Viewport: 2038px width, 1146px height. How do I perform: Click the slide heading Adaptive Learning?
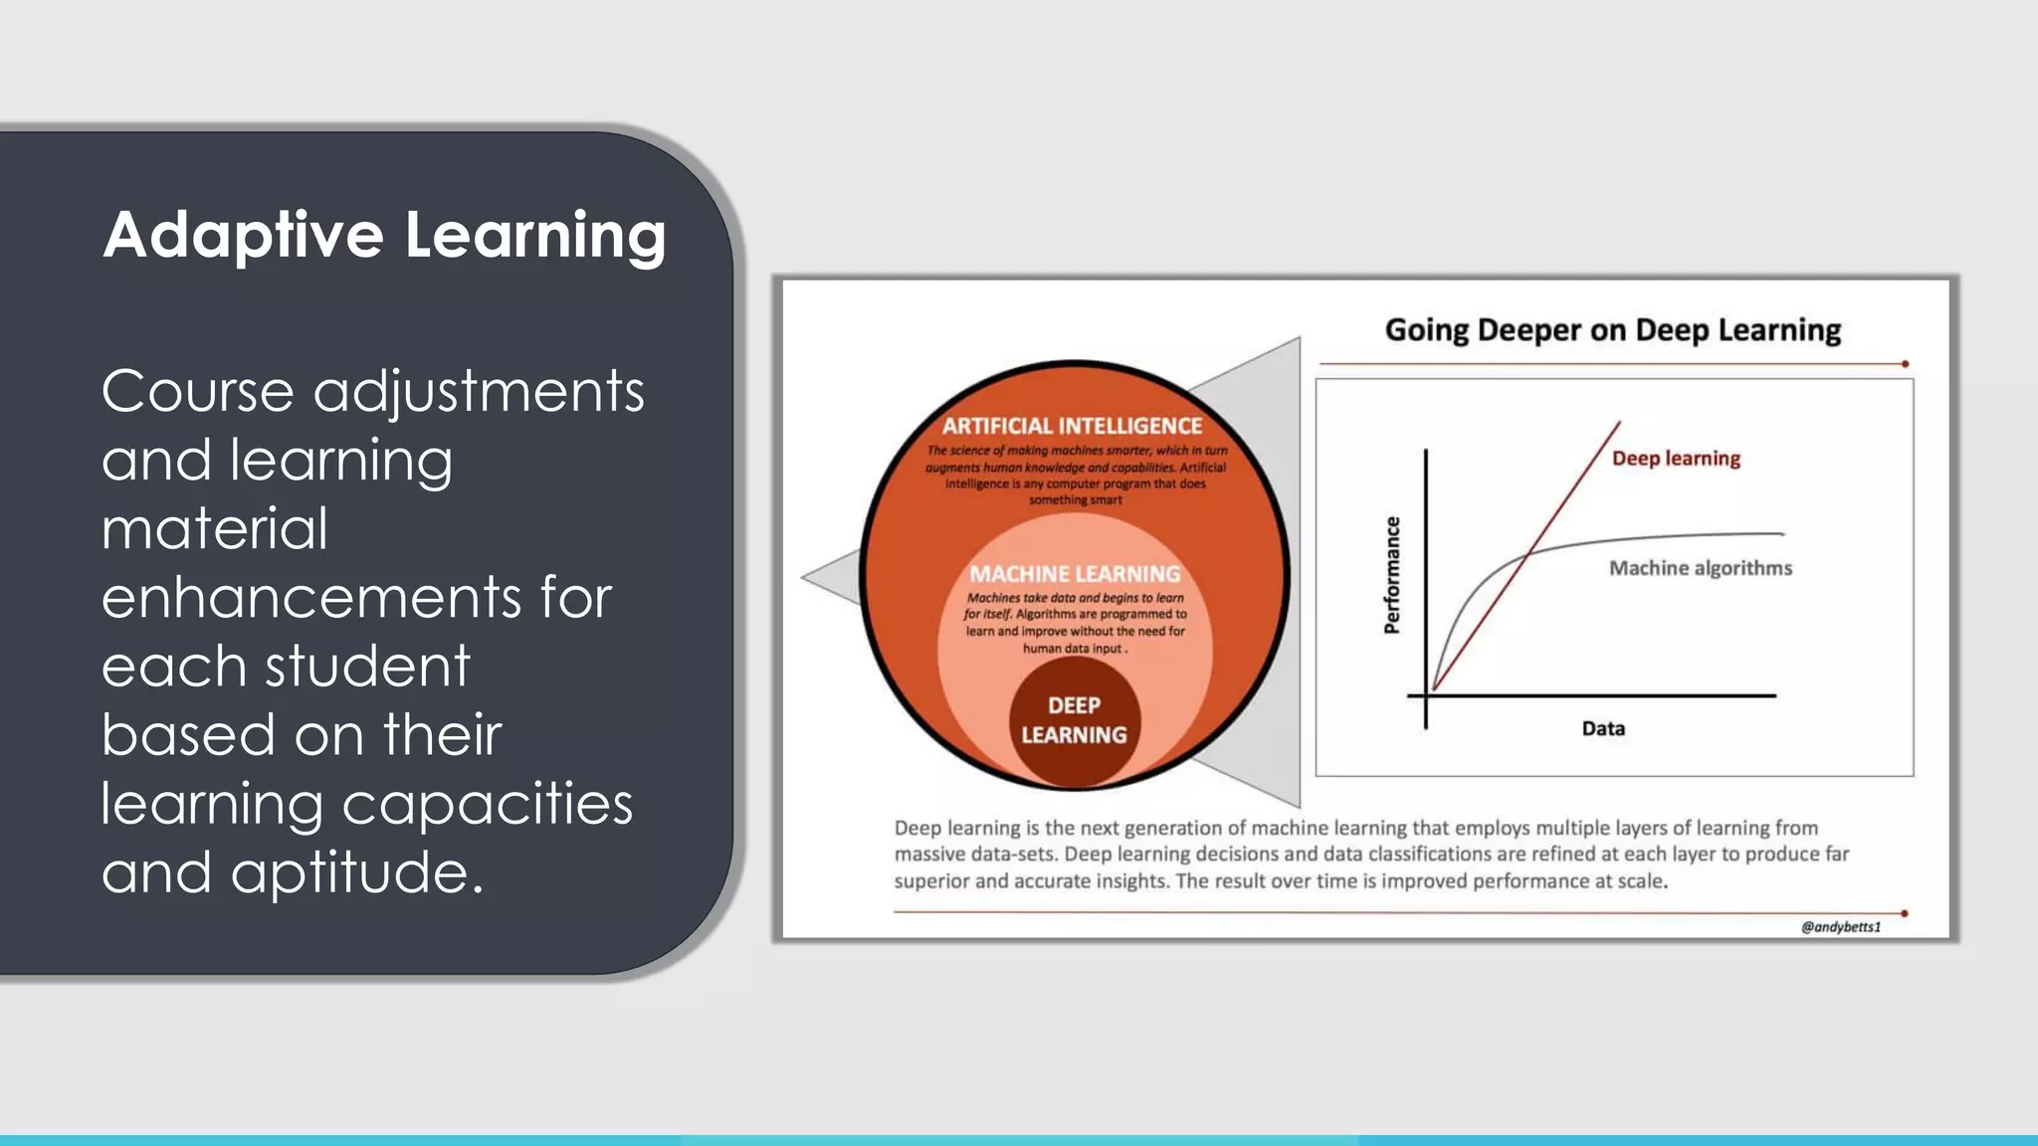(384, 237)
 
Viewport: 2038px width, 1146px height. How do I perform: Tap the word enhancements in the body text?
(310, 598)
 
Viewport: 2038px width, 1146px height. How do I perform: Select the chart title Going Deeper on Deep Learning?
(1612, 330)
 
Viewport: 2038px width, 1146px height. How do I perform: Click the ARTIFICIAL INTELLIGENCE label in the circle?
(1072, 427)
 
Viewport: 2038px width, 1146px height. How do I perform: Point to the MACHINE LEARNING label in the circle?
(1075, 574)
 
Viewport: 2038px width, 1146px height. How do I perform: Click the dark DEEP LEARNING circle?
(1074, 720)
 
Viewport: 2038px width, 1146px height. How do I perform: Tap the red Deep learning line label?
(1676, 459)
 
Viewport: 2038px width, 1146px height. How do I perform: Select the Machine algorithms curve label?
(1700, 568)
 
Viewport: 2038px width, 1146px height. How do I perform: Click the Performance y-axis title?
(1392, 575)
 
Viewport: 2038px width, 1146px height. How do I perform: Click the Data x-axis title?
(1602, 729)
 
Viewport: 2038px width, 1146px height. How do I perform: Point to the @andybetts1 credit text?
(1840, 927)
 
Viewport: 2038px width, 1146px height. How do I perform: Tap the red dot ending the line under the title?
(1905, 364)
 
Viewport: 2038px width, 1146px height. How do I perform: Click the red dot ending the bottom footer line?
(1904, 913)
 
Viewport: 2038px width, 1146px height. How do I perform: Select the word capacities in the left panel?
(487, 804)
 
